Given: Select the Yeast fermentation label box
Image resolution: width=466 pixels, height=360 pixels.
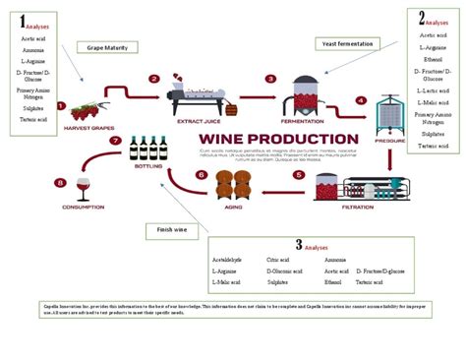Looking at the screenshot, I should pos(348,43).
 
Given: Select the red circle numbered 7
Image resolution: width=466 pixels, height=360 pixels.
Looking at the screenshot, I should pos(115,142).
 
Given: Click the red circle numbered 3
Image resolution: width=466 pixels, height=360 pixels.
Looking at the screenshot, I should pos(270,79).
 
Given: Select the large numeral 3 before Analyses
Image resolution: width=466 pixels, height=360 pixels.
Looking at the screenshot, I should pos(299,245).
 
